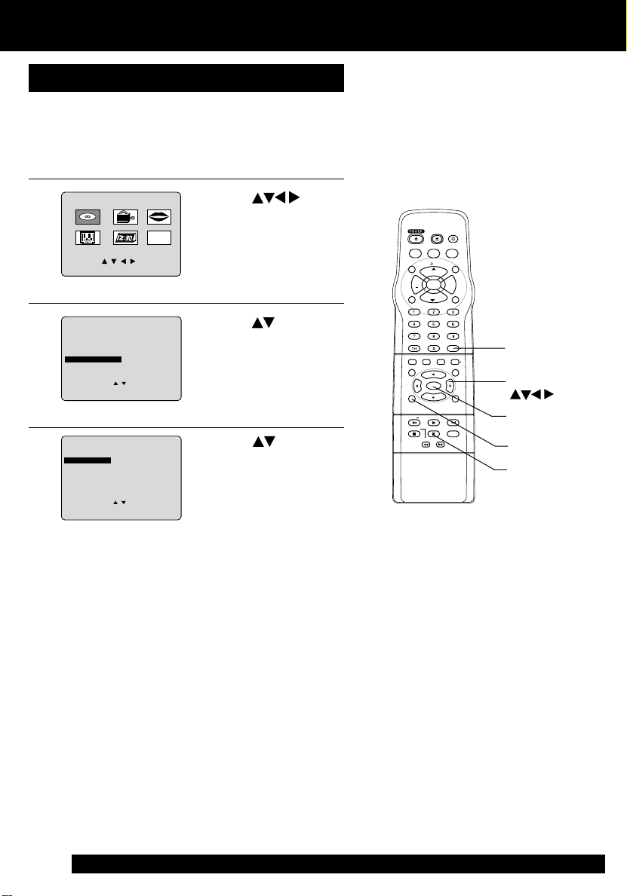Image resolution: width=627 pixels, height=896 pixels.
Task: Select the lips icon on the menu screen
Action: click(159, 217)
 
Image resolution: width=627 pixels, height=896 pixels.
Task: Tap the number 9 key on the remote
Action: click(453, 336)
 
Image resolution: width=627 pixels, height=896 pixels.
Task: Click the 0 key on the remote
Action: click(434, 348)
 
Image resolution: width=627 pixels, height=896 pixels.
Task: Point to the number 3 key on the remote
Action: click(453, 311)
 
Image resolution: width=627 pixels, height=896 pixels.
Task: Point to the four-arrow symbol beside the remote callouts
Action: click(533, 393)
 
